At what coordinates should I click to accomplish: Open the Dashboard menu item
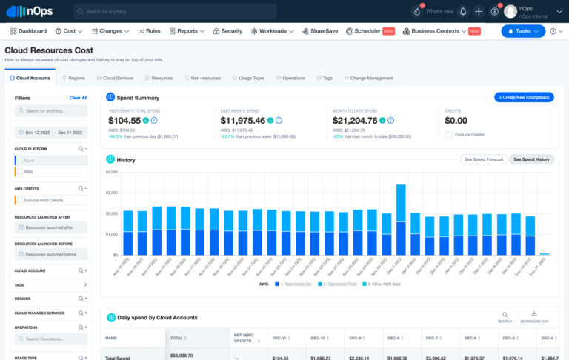28,31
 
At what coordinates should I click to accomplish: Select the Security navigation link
227,31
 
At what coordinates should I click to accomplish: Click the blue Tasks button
523,31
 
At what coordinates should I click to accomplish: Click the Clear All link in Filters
78,98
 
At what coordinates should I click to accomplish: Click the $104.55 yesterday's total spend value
124,120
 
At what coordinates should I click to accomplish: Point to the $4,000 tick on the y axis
112,172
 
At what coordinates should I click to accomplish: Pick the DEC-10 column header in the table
319,338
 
